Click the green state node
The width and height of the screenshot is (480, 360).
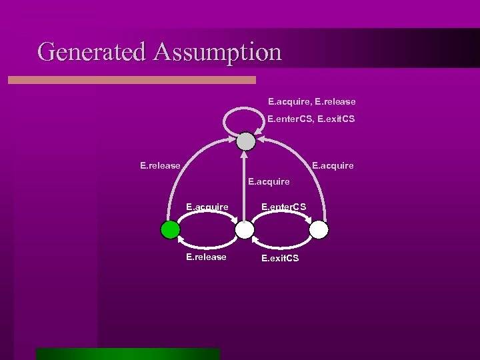pos(171,230)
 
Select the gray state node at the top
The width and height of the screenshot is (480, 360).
pos(246,141)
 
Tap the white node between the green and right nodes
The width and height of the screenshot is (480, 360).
pos(245,230)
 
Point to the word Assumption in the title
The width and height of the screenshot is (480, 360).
pos(217,51)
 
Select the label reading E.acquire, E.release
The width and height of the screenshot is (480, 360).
pos(311,102)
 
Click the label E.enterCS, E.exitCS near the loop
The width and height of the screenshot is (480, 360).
pos(311,119)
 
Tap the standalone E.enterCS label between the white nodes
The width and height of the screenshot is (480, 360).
pos(283,207)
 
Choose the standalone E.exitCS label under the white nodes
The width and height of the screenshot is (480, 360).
pos(280,257)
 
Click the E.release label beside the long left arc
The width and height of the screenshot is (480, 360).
pos(160,165)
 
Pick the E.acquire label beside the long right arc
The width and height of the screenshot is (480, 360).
pos(333,165)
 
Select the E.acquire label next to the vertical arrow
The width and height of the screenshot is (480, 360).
pos(269,181)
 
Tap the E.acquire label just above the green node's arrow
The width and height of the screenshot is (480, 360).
pos(207,207)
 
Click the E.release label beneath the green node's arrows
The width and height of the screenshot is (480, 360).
pos(206,257)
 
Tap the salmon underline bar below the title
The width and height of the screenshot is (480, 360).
pos(131,80)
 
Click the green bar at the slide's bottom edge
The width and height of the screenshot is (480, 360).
pos(127,353)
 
